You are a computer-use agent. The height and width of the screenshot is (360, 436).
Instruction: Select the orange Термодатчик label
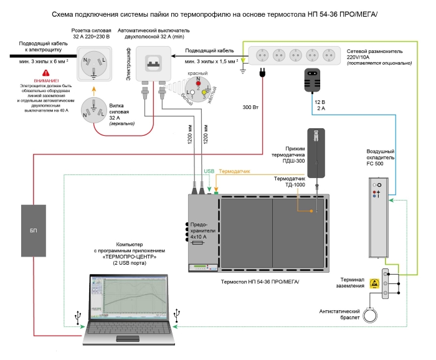click(x=235, y=170)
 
